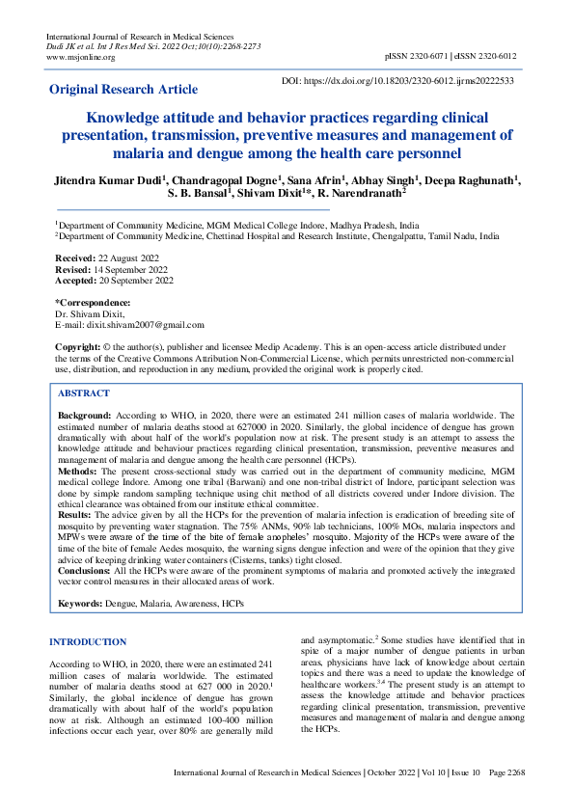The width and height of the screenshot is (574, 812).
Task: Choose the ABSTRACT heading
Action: (x=83, y=393)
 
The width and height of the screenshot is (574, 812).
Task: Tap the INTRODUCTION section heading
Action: (x=88, y=641)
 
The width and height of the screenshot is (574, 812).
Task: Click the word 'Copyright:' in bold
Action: (x=78, y=345)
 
